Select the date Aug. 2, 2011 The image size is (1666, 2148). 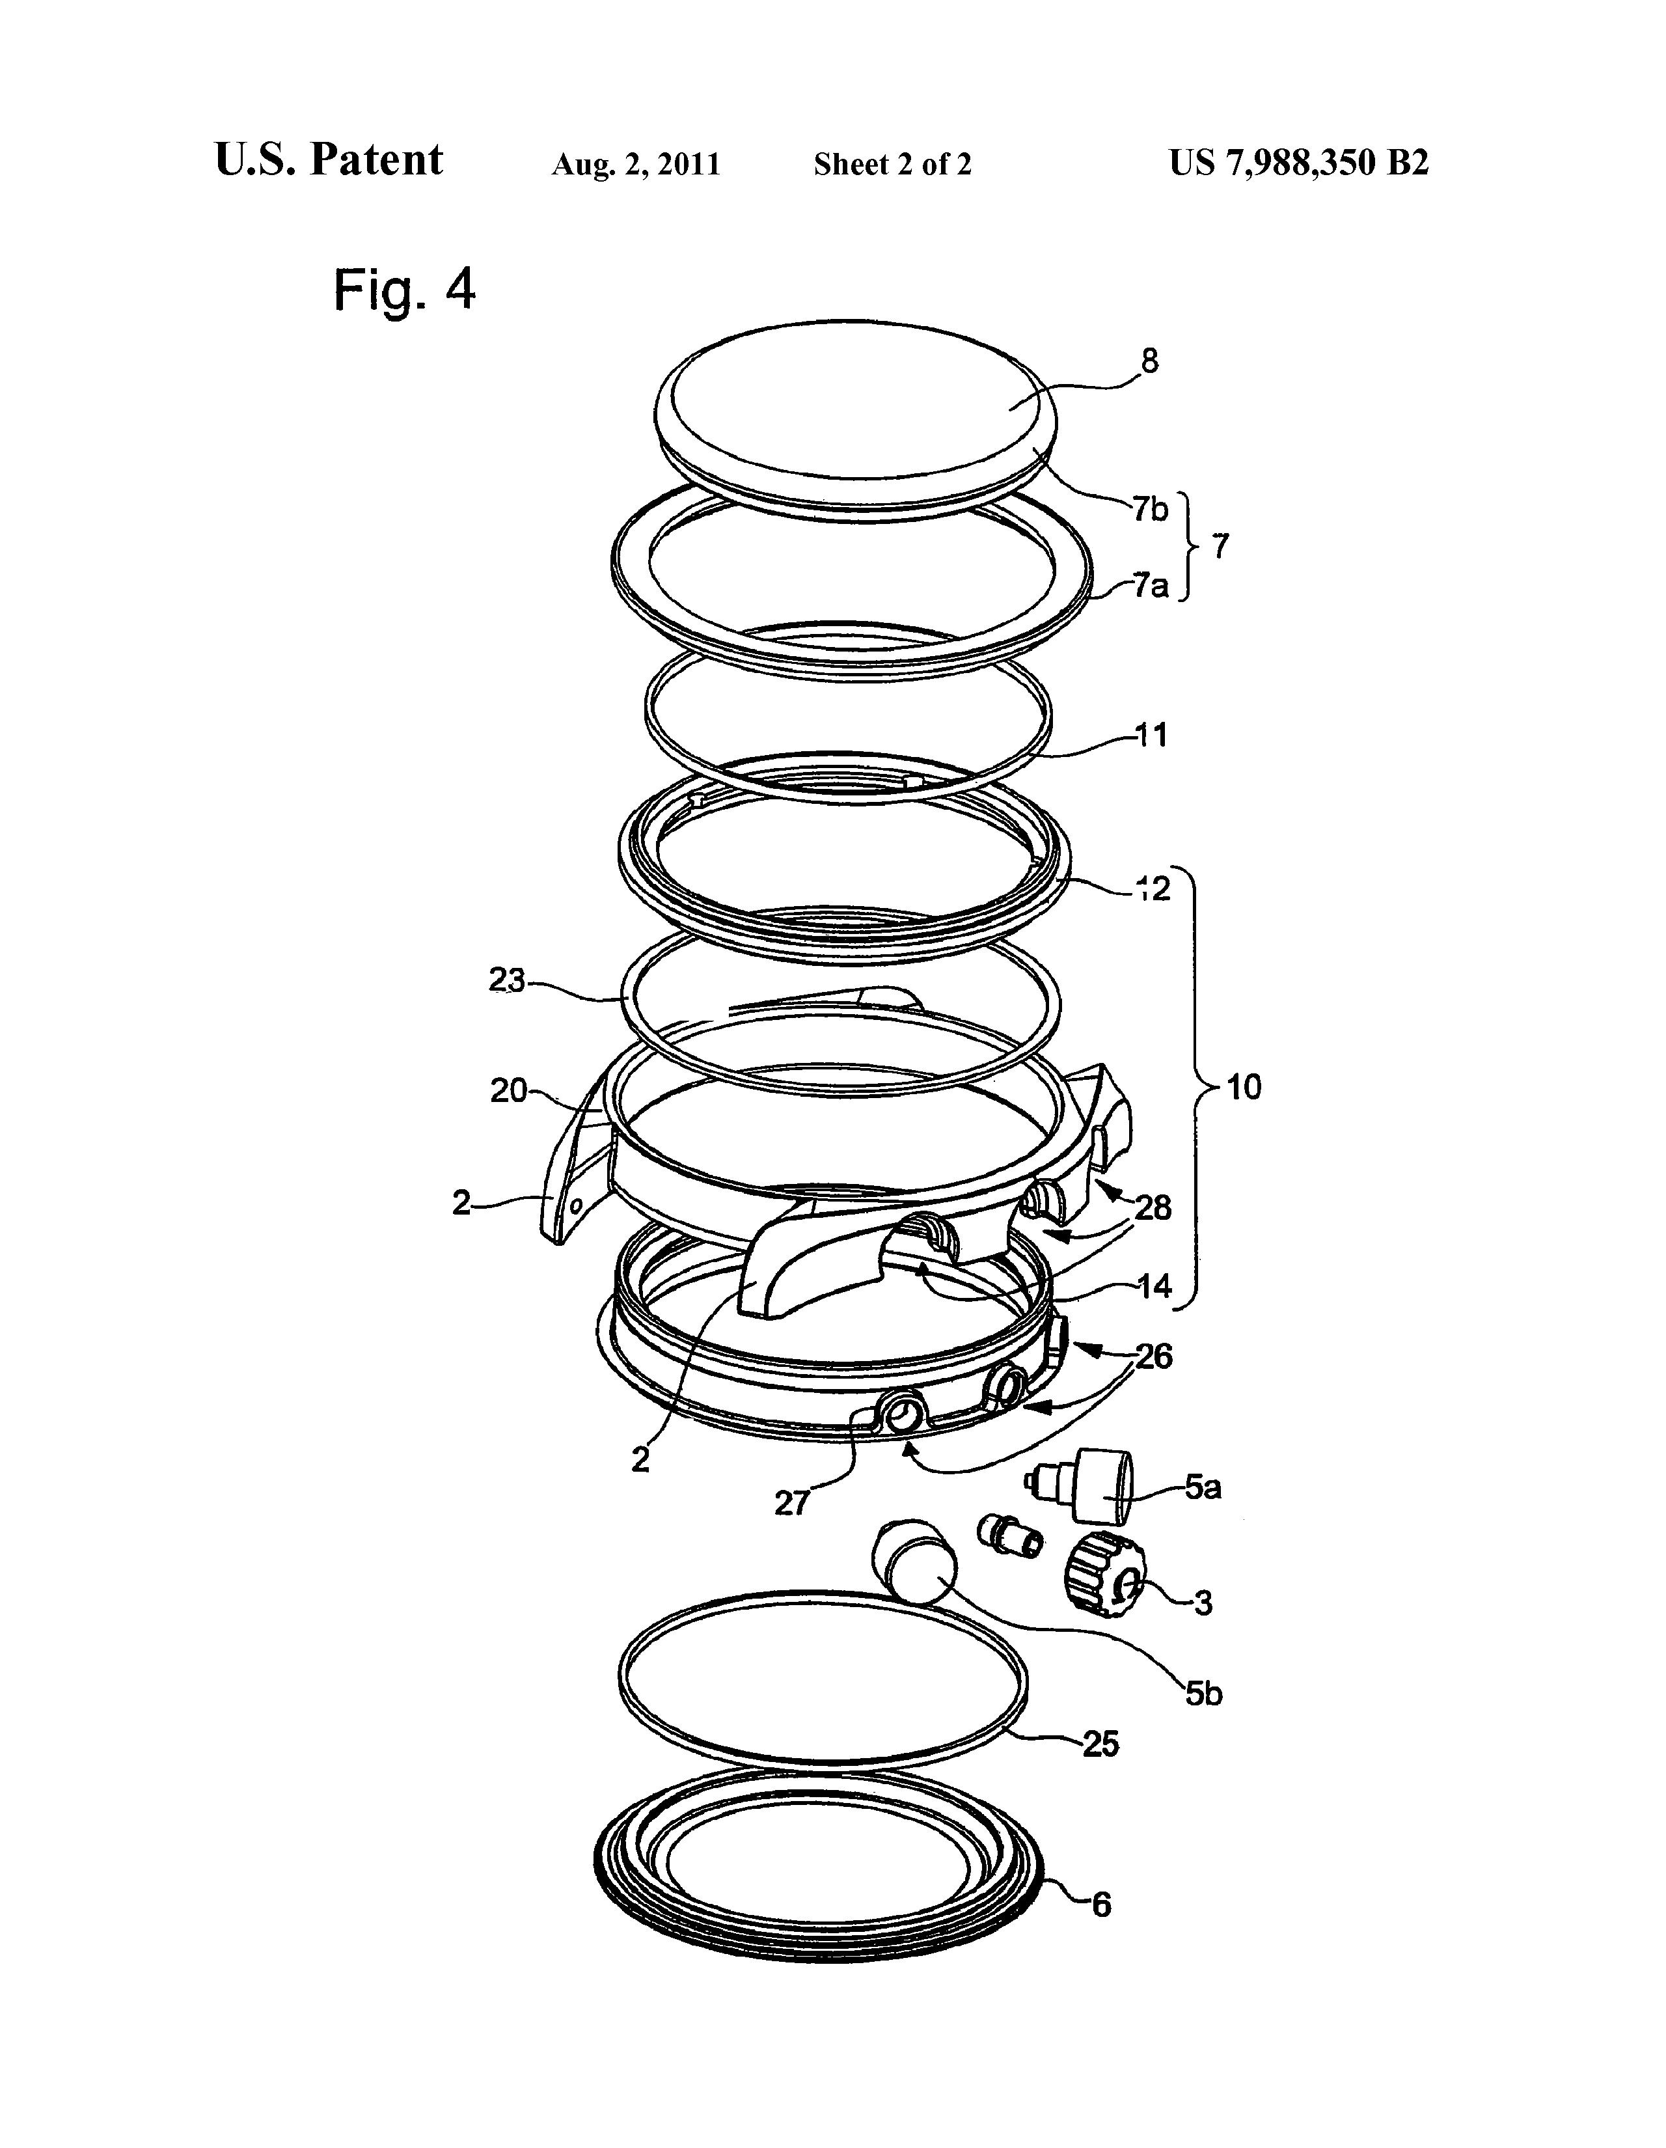click(635, 164)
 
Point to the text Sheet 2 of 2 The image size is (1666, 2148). click(892, 164)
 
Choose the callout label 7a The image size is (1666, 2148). click(1150, 587)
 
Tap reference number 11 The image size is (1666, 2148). click(1151, 735)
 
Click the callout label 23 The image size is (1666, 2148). click(508, 982)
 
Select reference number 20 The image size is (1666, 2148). click(510, 1091)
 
